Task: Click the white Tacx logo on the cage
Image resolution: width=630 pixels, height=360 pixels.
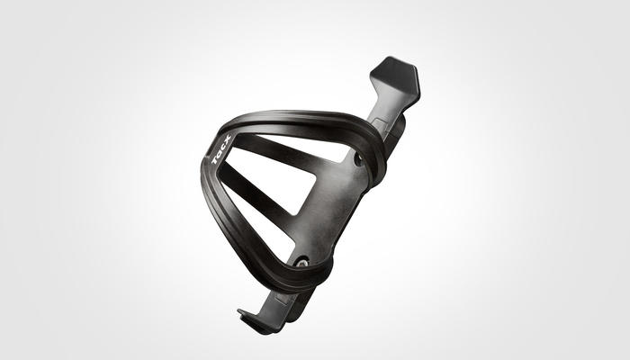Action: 221,149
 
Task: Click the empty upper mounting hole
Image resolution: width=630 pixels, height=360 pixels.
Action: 357,160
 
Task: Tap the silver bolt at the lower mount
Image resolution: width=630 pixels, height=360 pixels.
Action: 301,263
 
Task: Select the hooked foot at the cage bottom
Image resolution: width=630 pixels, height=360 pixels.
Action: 253,320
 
